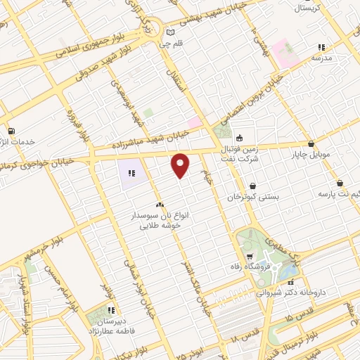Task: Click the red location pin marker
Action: click(181, 165)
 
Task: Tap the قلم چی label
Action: click(170, 44)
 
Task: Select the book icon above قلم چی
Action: click(170, 32)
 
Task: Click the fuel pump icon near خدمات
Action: click(11, 131)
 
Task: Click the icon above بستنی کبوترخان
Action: click(252, 186)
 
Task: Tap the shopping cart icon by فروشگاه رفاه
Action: click(250, 256)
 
